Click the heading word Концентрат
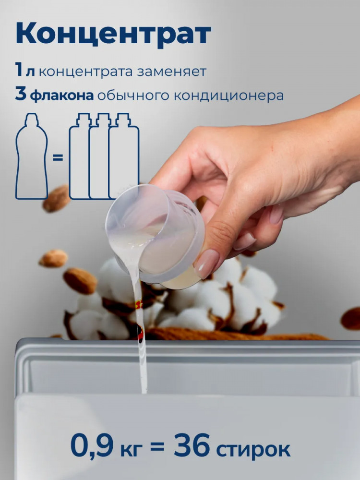pos(113,34)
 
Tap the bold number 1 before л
pos(19,70)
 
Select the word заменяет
pos(171,72)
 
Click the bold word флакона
pos(62,95)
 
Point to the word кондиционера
pos(228,96)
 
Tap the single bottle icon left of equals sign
pos(32,156)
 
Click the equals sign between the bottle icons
pos(58,158)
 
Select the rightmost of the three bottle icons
pos(124,156)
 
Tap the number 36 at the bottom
pos(192,445)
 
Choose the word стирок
pos(253,449)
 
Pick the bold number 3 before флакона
pos(21,94)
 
